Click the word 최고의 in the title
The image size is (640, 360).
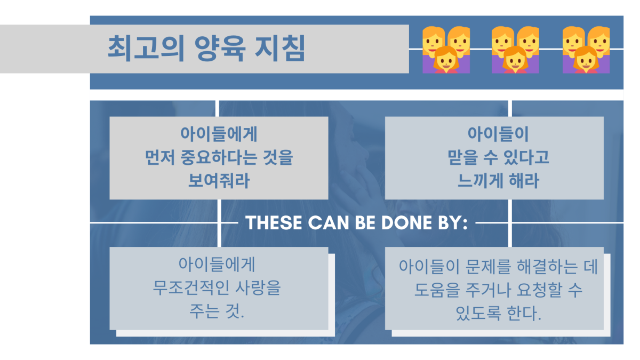click(146, 49)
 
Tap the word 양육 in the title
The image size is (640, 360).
click(220, 49)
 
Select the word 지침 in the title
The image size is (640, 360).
click(281, 49)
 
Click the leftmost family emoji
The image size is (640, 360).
click(446, 50)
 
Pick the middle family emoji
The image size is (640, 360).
click(515, 50)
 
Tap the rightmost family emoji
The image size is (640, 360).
click(586, 50)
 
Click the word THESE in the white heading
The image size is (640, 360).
click(274, 222)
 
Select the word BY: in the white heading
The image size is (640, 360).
click(453, 222)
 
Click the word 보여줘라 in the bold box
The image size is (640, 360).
click(219, 181)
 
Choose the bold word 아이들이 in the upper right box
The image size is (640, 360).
click(498, 134)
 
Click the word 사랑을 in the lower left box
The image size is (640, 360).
click(258, 287)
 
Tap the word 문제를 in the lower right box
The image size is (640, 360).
click(487, 267)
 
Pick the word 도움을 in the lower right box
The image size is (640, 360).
click(437, 290)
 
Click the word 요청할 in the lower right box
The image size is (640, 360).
click(539, 290)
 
